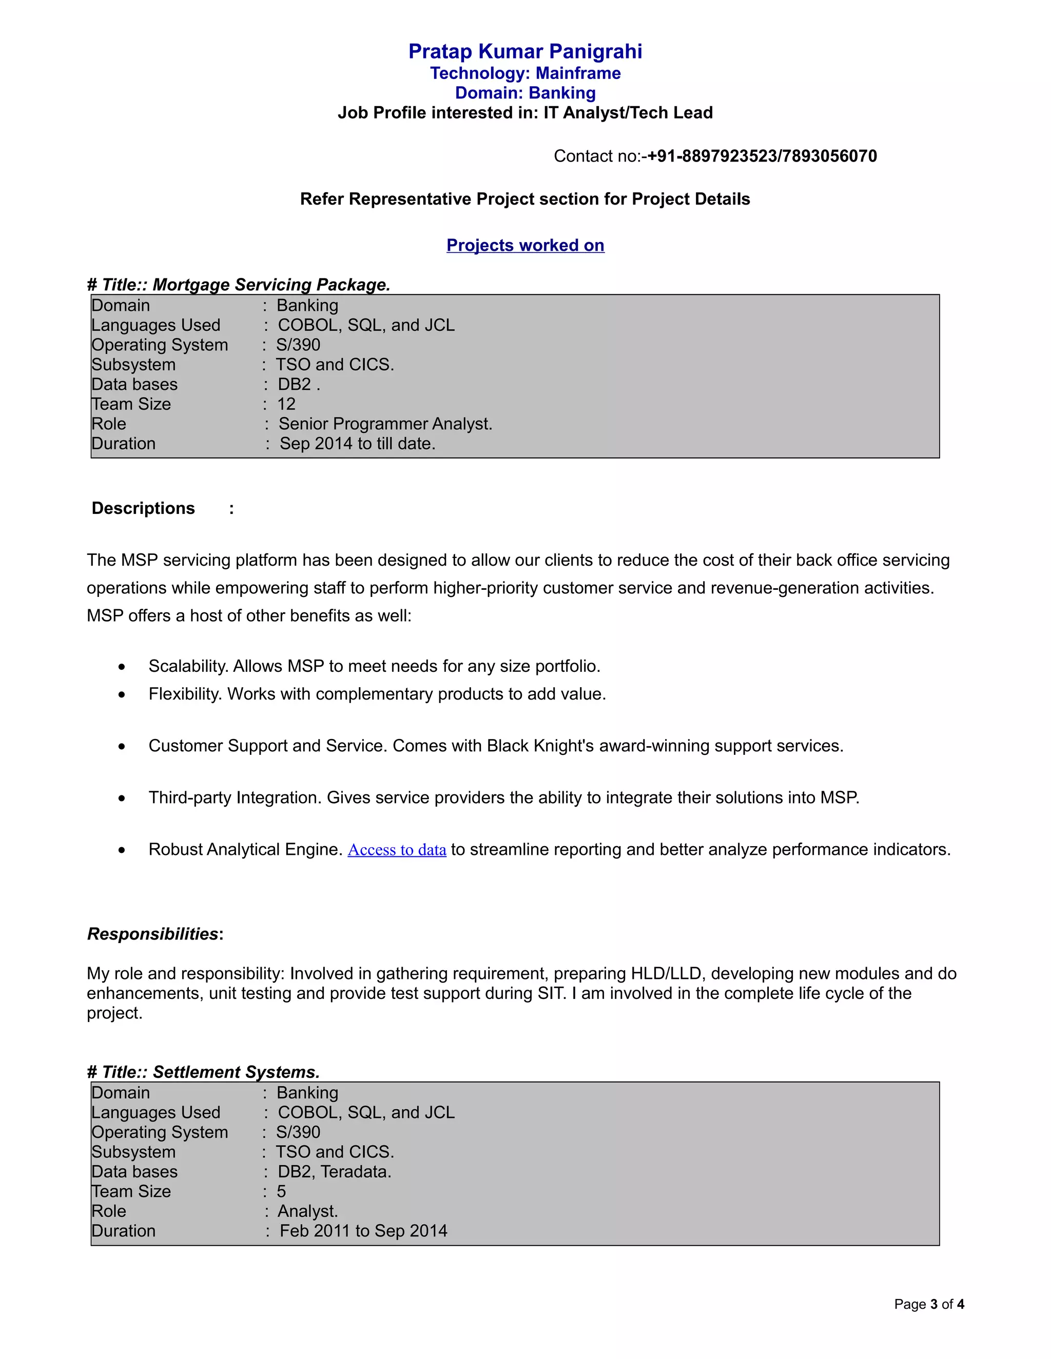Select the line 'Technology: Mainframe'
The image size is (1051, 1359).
coord(525,73)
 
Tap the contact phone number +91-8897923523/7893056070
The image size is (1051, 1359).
coord(762,156)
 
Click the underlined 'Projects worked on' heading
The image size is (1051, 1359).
coord(525,245)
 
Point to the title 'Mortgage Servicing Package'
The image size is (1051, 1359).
coord(271,285)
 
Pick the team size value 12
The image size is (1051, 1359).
coord(286,405)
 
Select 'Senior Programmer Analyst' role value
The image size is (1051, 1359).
coord(385,425)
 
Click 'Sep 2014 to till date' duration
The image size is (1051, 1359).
coord(357,444)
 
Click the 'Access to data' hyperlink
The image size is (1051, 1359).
coord(397,850)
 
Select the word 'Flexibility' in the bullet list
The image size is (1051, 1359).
coord(185,694)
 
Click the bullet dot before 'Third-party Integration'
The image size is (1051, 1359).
coord(122,798)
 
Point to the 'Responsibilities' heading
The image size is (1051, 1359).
coord(152,934)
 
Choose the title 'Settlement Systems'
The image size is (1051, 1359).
coord(236,1072)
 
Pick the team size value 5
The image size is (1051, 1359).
coord(281,1192)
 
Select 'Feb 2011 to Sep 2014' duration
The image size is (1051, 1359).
coord(363,1231)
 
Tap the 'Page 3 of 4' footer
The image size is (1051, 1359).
coord(929,1304)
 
